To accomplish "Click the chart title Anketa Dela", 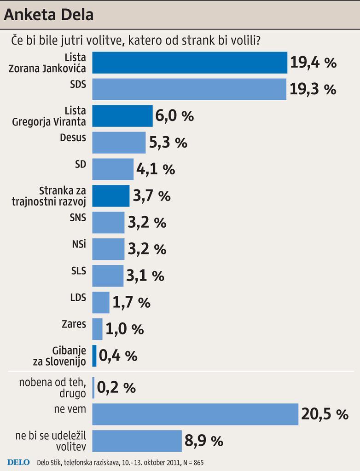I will coord(49,15).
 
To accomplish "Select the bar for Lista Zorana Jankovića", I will coord(190,63).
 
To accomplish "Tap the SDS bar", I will coord(189,89).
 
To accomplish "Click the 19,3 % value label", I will coord(313,89).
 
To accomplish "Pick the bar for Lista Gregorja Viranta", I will coord(122,116).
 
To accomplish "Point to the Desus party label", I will coord(73,138).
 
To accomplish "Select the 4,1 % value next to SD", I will coord(156,169).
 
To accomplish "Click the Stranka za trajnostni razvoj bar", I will coord(111,196).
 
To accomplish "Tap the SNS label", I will coord(78,218).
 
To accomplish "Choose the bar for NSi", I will coord(108,249).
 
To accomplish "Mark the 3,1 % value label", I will coord(145,276).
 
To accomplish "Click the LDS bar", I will coord(101,303).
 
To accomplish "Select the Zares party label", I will coord(74,324).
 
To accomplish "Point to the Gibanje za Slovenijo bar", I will coord(94,356).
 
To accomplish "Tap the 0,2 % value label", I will coord(116,388).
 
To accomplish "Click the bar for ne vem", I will coord(195,414).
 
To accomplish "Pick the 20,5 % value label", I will coord(325,414).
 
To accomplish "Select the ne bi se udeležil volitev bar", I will coord(137,441).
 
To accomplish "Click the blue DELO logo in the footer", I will coord(18,462).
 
